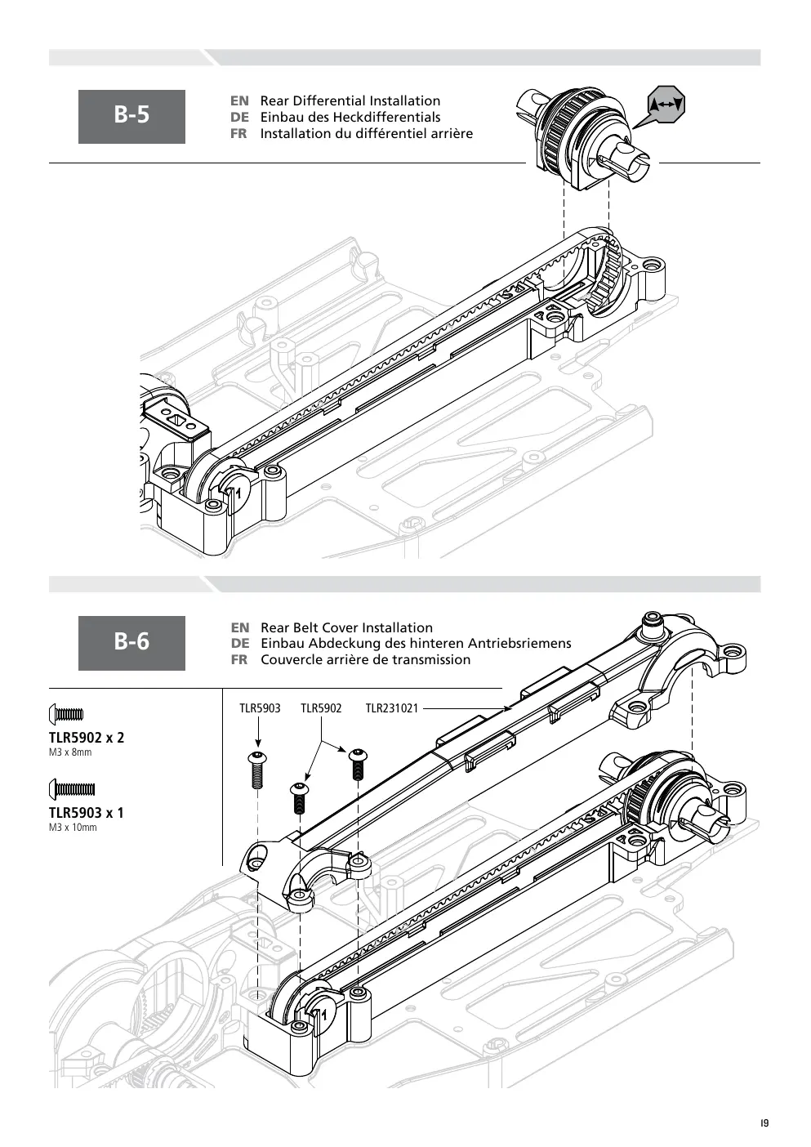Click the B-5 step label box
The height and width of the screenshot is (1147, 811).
click(x=131, y=116)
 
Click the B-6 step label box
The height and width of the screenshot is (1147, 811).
click(x=131, y=643)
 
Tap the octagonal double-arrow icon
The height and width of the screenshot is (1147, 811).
click(x=666, y=105)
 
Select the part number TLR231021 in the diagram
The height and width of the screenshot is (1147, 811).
click(x=392, y=708)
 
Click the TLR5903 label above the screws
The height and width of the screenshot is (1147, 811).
click(x=260, y=708)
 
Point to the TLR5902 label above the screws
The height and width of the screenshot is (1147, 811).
click(x=321, y=708)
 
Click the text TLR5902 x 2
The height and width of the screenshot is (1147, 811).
click(x=87, y=738)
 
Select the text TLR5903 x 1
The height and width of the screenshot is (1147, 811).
click(x=87, y=813)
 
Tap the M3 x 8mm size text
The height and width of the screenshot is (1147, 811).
click(x=70, y=752)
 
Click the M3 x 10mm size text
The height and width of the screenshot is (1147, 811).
click(x=73, y=828)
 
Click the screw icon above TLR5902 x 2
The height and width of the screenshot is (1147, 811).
click(x=66, y=713)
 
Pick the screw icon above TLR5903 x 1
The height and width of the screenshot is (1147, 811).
click(x=72, y=789)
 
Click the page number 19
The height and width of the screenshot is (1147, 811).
click(x=765, y=1123)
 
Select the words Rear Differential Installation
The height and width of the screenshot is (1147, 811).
click(x=350, y=100)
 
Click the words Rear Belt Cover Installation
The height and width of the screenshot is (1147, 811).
click(x=346, y=627)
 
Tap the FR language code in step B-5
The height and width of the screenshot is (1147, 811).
click(x=238, y=134)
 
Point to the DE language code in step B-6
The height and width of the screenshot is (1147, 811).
click(x=239, y=644)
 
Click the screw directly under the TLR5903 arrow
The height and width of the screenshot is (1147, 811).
click(x=258, y=770)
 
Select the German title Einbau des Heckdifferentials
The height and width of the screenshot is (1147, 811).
click(x=350, y=118)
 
